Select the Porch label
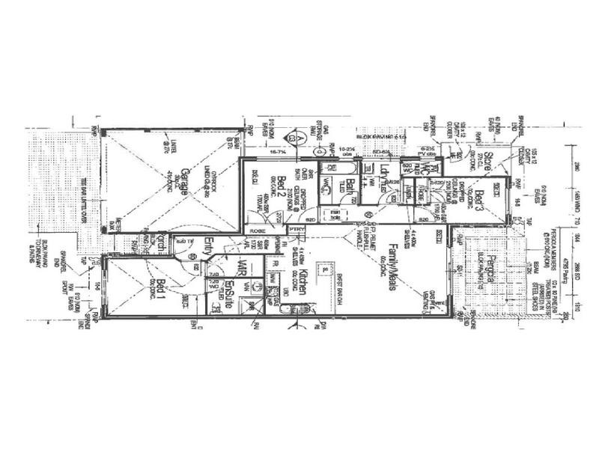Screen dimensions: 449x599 (159, 243)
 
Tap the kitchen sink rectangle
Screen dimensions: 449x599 (324, 268)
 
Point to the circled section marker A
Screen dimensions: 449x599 (299, 139)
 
